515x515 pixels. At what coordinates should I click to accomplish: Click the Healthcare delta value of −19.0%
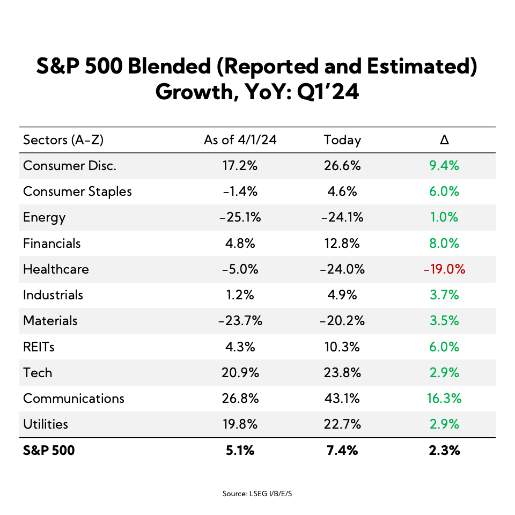click(444, 269)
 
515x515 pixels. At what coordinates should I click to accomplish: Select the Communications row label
click(73, 399)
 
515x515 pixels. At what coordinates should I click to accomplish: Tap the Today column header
click(342, 141)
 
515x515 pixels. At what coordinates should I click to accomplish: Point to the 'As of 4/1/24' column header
click(240, 141)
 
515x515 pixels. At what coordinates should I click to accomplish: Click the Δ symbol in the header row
click(444, 141)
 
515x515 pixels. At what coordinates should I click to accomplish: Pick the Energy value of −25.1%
click(240, 218)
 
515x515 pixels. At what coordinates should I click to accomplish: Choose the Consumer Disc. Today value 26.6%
click(342, 166)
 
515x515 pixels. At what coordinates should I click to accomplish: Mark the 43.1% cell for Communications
click(342, 399)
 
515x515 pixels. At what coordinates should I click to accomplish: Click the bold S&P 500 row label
click(49, 451)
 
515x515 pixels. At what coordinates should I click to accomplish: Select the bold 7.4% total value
click(342, 451)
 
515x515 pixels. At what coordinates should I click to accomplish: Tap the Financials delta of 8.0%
click(444, 244)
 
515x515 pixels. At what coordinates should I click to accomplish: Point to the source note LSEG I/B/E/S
click(257, 494)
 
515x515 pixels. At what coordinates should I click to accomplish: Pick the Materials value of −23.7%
click(240, 321)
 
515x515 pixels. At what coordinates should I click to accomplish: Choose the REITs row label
click(39, 347)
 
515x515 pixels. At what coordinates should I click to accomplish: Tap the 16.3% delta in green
click(444, 399)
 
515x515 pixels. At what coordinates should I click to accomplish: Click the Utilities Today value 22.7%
click(342, 424)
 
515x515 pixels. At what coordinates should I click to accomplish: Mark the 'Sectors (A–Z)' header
click(63, 141)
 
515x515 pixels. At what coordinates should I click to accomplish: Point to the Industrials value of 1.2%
click(240, 295)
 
